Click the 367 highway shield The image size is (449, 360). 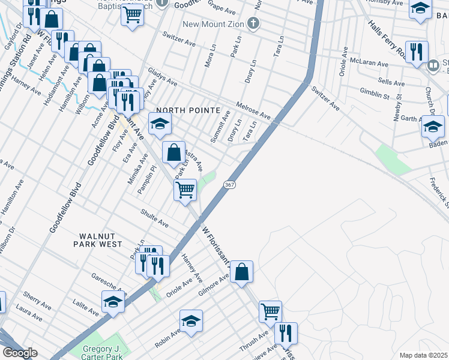click(230, 185)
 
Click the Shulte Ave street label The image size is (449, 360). click(155, 217)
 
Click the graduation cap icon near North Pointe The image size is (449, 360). click(160, 124)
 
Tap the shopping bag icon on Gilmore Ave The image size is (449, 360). click(241, 271)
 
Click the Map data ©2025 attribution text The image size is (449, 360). click(423, 355)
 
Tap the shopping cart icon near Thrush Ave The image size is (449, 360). click(270, 311)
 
